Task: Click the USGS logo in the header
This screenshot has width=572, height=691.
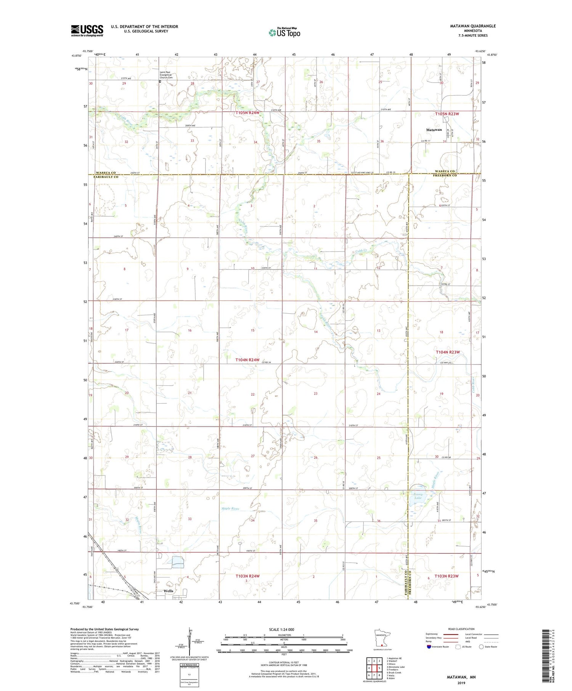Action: [87, 30]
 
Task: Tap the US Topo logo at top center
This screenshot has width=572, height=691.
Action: [284, 32]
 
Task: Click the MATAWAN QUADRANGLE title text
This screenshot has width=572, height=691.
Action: [473, 26]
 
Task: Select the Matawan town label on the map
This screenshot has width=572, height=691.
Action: [434, 130]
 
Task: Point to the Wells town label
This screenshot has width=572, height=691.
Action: [168, 591]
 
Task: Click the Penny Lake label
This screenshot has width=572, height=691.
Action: [418, 496]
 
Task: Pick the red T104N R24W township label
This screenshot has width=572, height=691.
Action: [247, 360]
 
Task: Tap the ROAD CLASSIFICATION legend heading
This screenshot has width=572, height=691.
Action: [461, 629]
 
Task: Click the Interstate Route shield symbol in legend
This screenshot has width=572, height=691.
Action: [429, 646]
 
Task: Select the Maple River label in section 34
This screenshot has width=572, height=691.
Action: [230, 509]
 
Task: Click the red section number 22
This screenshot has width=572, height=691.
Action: [252, 394]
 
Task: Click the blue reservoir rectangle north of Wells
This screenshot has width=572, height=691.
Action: [178, 561]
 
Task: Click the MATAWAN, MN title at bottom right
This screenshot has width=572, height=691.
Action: [461, 677]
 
